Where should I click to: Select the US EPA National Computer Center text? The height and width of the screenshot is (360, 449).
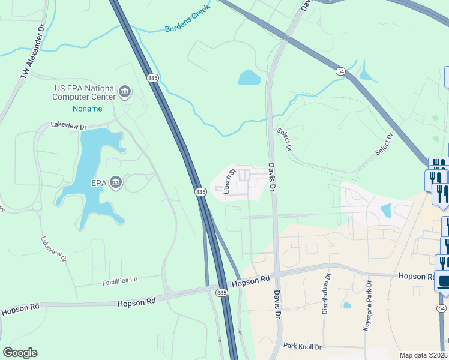[x=84, y=92]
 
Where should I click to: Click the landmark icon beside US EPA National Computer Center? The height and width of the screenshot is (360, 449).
[x=125, y=92]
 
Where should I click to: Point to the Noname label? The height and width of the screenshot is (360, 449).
[x=87, y=109]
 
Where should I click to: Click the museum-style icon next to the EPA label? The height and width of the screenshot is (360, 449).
[x=116, y=182]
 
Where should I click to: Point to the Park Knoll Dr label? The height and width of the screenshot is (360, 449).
[x=303, y=347]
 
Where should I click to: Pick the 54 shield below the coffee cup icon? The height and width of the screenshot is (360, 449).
[x=441, y=308]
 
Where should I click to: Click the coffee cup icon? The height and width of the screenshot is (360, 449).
[x=442, y=281]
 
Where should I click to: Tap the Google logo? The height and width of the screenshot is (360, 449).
[x=20, y=353]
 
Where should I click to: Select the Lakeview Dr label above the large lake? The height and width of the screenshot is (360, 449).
[x=69, y=127]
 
